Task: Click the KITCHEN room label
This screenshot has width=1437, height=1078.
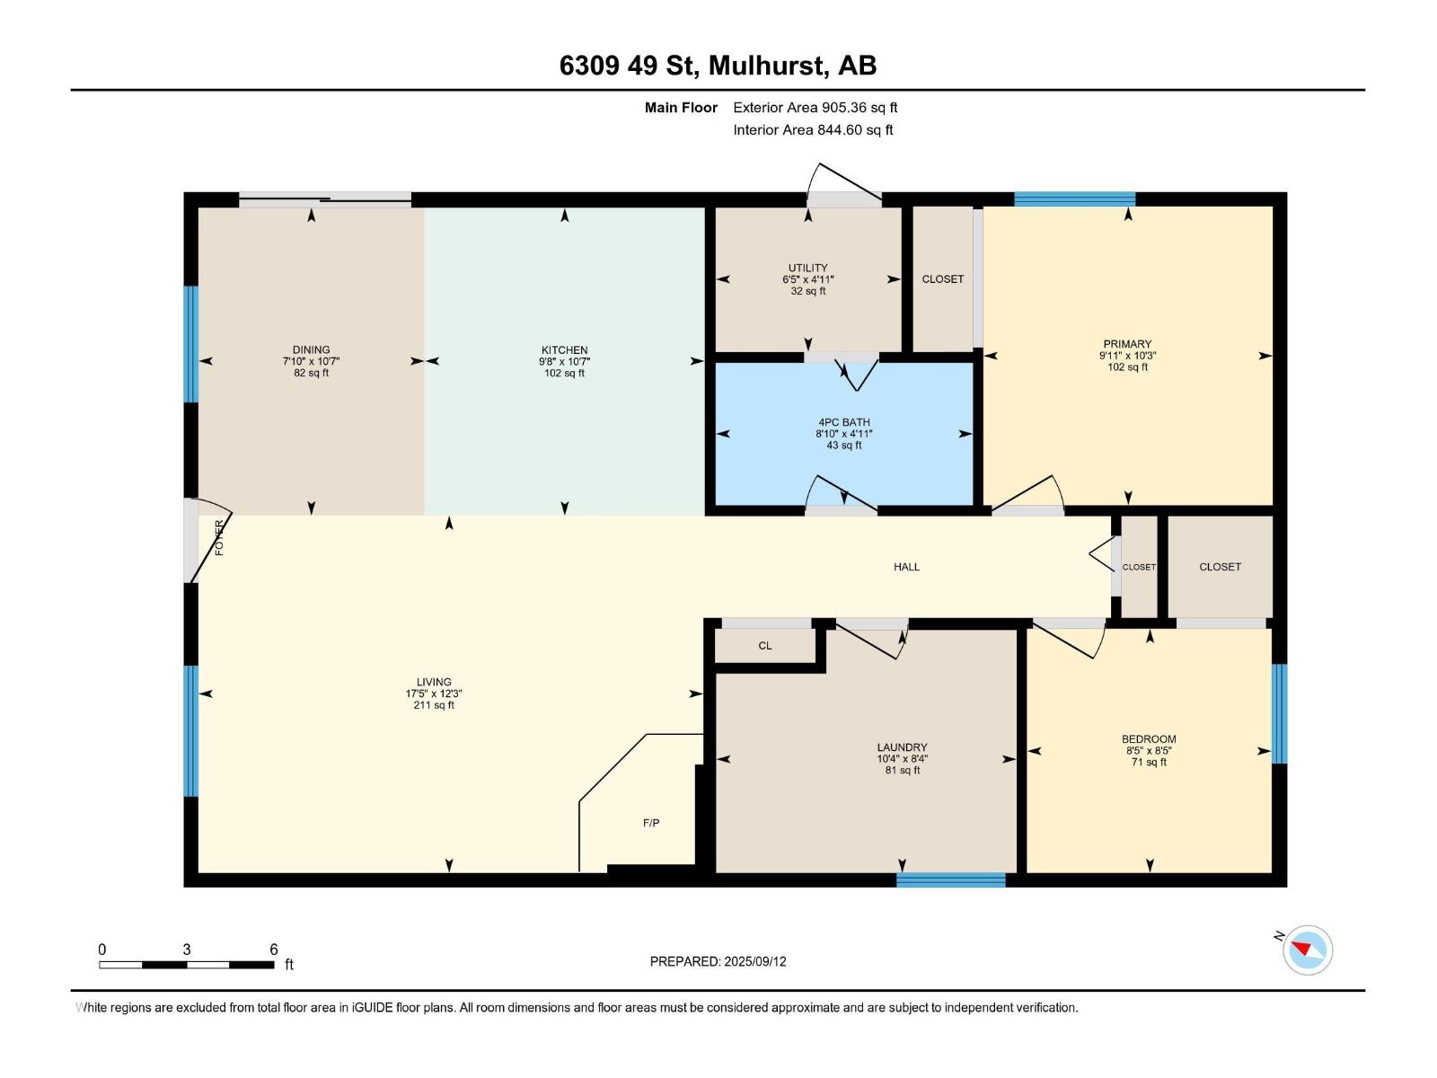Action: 564,350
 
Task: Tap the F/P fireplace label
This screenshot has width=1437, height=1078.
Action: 651,823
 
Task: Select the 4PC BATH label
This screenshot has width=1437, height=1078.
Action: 843,422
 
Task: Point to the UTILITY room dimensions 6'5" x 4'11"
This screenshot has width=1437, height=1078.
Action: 807,279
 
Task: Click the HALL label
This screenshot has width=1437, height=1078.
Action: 906,567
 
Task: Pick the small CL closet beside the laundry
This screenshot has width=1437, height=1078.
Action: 764,646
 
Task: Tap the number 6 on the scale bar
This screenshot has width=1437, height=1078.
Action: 274,950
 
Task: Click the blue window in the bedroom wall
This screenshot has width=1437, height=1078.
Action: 1279,713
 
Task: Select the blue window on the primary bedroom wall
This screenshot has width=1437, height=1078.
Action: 1074,199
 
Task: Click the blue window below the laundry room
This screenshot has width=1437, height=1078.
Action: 950,879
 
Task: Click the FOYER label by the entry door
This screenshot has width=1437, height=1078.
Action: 219,537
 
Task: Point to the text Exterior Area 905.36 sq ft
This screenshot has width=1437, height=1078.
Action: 815,108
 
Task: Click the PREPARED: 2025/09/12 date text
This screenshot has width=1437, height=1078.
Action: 718,961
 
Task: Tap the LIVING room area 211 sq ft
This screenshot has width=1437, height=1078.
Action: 433,705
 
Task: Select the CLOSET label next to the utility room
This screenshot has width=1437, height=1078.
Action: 942,279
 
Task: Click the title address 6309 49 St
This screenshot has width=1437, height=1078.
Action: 628,66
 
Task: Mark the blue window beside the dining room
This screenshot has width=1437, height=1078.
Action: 190,344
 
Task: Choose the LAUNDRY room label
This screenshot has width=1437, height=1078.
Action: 902,747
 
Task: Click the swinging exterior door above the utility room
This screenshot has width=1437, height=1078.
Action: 842,183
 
